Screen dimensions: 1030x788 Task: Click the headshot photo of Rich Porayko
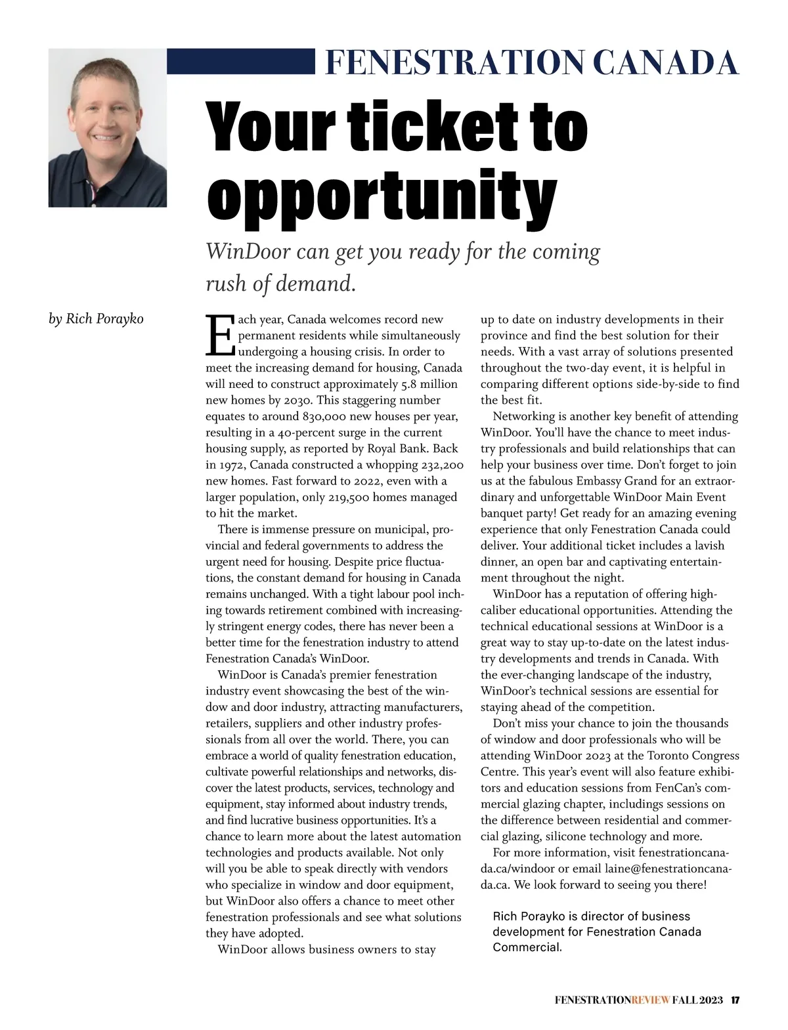[x=107, y=128]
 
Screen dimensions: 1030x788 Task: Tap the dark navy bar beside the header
[x=240, y=61]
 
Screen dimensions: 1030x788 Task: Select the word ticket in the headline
[x=435, y=126]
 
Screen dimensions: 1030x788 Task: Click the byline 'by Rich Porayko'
[x=96, y=319]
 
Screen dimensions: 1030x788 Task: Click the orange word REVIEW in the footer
[x=650, y=1000]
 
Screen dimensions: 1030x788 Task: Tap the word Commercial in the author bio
[x=527, y=948]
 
